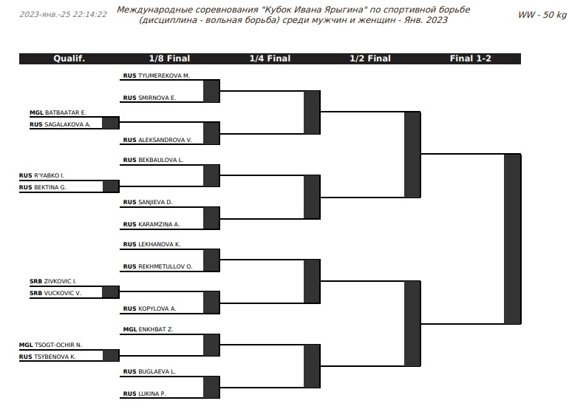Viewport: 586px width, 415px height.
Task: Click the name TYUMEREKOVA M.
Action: pos(164,75)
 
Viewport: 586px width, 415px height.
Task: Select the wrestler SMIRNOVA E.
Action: pos(157,98)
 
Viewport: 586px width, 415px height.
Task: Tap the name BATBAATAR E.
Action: pos(66,112)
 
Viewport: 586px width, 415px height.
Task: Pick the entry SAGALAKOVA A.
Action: pos(67,124)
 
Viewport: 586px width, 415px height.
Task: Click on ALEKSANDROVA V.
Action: pos(166,141)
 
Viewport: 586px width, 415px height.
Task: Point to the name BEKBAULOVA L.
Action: pos(160,161)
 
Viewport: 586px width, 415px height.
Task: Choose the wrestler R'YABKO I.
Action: pos(49,175)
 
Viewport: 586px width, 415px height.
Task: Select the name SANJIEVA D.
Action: pos(155,203)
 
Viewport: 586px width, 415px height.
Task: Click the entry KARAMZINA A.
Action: pos(159,225)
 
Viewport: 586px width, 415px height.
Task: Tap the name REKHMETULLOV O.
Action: pos(166,267)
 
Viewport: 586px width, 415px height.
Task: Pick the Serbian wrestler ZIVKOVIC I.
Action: pos(60,281)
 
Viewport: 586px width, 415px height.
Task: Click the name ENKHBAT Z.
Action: pos(155,330)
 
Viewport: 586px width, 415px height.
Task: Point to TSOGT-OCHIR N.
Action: pos(58,345)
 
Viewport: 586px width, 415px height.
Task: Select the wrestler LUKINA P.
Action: pos(152,394)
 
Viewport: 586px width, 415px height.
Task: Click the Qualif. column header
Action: pos(69,58)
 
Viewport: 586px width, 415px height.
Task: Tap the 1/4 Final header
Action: pos(270,58)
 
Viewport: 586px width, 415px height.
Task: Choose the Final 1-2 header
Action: pos(470,58)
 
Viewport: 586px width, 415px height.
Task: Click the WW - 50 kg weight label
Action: pos(542,15)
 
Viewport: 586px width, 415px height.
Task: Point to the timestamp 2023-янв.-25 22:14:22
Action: pos(63,15)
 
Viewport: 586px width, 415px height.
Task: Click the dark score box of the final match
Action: pos(512,239)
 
